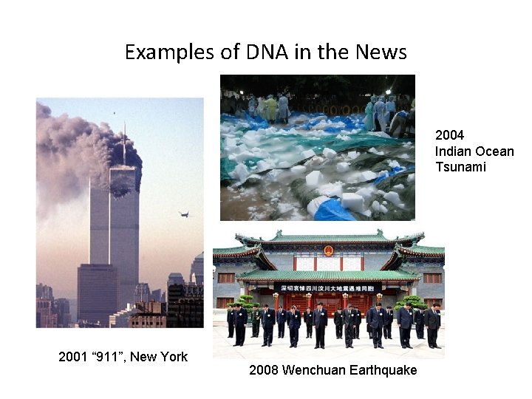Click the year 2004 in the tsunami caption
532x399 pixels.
pyautogui.click(x=449, y=135)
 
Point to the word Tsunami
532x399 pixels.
pyautogui.click(x=460, y=167)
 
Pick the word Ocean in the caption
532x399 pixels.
pyautogui.click(x=495, y=151)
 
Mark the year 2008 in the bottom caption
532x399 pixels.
pyautogui.click(x=264, y=370)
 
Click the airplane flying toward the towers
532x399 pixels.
pyautogui.click(x=184, y=214)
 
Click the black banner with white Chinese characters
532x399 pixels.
pyautogui.click(x=327, y=287)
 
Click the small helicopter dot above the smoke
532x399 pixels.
pyautogui.click(x=114, y=112)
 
